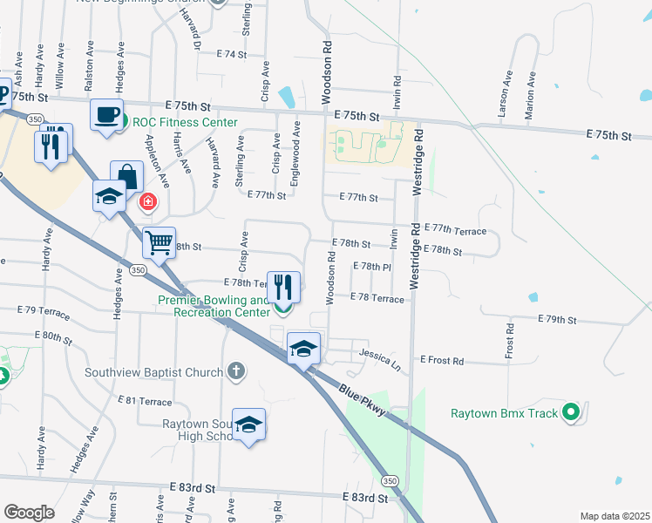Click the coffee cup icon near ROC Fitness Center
tap(106, 115)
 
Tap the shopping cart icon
tap(159, 242)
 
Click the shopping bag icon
tap(126, 176)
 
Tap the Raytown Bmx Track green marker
tap(571, 412)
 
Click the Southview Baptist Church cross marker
tap(235, 372)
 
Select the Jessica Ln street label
tap(380, 358)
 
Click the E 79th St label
tap(557, 320)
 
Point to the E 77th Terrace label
tap(453, 230)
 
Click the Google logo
tap(30, 513)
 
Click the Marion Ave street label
tap(530, 89)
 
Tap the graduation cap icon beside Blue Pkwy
tap(303, 350)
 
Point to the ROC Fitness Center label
tap(185, 122)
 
